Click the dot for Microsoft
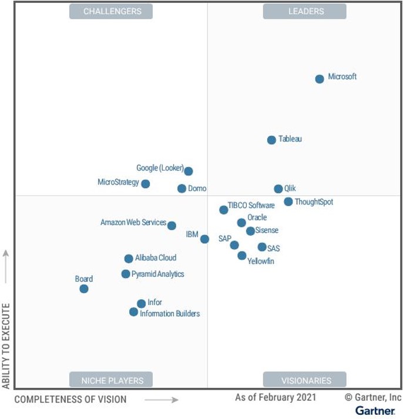(320, 79)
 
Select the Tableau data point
(271, 140)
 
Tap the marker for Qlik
(278, 189)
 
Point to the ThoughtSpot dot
(288, 202)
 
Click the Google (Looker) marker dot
(189, 171)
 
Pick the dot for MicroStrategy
(146, 184)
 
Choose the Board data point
(84, 289)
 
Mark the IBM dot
(204, 239)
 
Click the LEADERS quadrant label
(304, 11)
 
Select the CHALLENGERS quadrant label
(112, 11)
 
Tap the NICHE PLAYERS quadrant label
(111, 380)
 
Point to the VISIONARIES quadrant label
(304, 380)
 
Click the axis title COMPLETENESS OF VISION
(70, 400)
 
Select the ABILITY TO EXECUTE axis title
(6, 346)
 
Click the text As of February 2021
(276, 398)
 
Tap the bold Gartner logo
(375, 410)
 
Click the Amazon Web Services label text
(133, 223)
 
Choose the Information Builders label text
(170, 314)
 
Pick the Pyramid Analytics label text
(157, 274)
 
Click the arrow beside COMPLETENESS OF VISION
(162, 400)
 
